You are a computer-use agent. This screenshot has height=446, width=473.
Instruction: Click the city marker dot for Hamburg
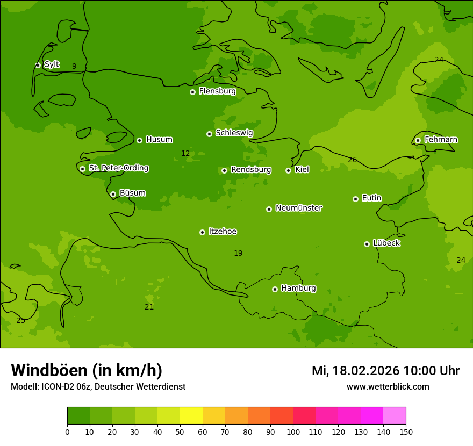[275, 289]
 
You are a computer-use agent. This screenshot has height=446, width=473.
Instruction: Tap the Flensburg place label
[217, 91]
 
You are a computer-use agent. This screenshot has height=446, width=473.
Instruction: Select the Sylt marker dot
[38, 65]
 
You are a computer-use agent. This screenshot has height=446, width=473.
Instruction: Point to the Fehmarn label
[441, 140]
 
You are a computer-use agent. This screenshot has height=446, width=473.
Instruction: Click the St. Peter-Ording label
[118, 168]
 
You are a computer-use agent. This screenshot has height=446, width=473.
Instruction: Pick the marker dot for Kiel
[288, 170]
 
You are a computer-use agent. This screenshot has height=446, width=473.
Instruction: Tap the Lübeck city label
[386, 243]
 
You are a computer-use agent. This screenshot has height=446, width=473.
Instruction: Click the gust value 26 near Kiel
[352, 160]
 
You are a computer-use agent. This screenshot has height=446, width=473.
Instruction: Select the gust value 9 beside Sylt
[74, 67]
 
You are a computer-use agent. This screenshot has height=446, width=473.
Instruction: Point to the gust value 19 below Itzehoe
[238, 254]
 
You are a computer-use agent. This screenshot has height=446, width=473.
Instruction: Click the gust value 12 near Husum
[185, 154]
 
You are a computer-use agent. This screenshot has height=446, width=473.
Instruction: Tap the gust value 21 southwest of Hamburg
[149, 307]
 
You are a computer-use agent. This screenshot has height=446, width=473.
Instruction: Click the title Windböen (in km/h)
[87, 370]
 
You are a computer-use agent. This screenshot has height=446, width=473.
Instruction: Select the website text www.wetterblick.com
[388, 387]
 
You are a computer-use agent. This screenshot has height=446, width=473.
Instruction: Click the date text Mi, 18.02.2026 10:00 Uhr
[385, 371]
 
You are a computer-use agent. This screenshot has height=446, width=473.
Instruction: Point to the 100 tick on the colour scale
[293, 431]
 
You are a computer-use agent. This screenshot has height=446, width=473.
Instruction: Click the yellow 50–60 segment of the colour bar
[191, 416]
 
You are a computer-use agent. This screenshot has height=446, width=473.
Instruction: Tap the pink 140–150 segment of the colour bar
[395, 416]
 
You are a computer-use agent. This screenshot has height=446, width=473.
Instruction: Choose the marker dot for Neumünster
[269, 209]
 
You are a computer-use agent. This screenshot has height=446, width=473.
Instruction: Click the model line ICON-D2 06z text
[98, 387]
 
